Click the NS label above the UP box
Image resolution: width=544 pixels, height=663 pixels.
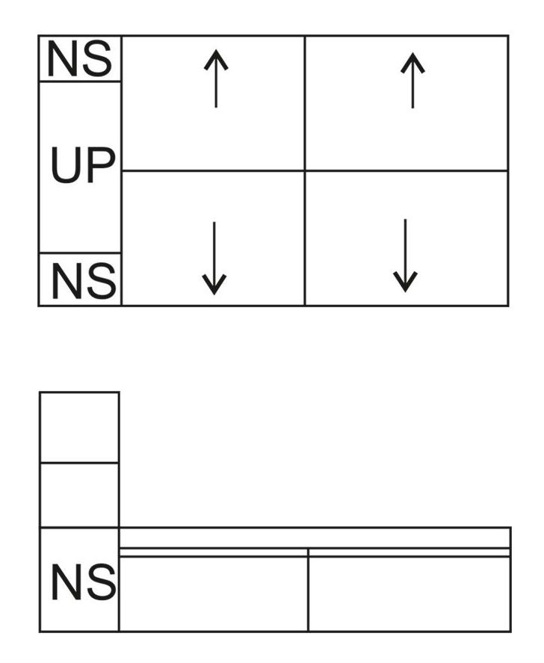(x=80, y=58)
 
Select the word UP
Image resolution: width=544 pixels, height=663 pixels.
(x=83, y=165)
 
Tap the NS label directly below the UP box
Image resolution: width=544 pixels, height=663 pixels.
(x=84, y=281)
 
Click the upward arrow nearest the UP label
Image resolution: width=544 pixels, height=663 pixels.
(x=216, y=78)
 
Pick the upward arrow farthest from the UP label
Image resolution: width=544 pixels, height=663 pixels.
(x=412, y=80)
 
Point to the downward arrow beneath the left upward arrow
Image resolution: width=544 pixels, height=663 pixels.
(x=214, y=258)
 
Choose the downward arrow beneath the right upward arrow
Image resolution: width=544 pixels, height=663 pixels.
(x=405, y=256)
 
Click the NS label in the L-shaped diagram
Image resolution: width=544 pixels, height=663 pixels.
(x=84, y=582)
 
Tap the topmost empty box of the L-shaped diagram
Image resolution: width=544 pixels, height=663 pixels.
(x=79, y=428)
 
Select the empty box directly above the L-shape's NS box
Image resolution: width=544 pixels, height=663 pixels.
(x=79, y=495)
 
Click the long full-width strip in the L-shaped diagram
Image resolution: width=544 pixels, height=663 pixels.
(x=315, y=538)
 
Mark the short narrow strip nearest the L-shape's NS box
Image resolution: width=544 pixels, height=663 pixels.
(x=214, y=552)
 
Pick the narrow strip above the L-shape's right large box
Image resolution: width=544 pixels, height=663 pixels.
(x=409, y=552)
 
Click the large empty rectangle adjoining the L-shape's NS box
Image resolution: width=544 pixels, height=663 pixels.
(x=214, y=594)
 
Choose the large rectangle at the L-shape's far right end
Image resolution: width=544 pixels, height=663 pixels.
(x=409, y=594)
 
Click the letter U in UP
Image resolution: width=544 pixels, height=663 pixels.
(x=66, y=165)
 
